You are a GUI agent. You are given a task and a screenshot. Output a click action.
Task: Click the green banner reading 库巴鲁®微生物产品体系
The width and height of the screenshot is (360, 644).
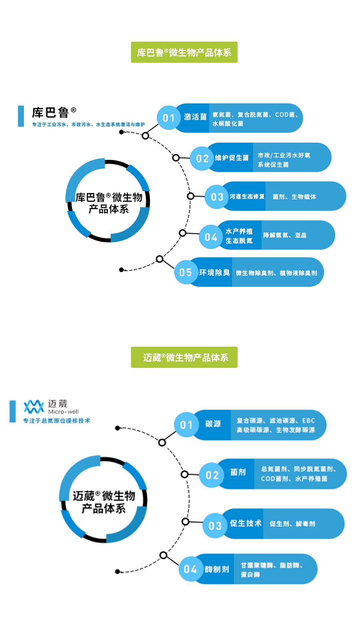tap(184, 52)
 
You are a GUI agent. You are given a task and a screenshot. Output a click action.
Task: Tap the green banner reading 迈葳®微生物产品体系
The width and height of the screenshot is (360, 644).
tap(184, 357)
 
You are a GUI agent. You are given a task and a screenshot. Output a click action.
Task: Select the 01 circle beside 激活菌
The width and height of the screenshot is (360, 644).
tap(169, 118)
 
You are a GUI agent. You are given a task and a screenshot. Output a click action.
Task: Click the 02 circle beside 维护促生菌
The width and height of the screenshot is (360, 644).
tap(202, 158)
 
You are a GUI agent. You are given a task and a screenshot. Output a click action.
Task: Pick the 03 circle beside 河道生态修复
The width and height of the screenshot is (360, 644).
tap(217, 197)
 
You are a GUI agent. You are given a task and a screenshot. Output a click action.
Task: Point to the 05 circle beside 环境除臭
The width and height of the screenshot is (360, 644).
tap(186, 272)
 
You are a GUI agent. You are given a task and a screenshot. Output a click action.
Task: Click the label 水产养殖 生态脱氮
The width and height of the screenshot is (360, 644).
tap(239, 236)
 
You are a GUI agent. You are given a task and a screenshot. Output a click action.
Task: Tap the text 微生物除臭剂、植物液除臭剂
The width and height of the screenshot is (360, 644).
tap(276, 273)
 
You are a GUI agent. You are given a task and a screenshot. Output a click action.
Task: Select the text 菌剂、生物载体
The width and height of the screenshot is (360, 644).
tap(294, 197)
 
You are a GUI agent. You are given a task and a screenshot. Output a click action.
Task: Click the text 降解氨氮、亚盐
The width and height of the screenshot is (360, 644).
tap(285, 235)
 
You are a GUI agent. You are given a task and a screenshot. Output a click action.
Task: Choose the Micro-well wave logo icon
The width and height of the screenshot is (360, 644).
tap(34, 407)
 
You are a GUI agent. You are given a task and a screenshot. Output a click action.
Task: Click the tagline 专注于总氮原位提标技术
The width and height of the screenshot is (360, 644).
tap(56, 420)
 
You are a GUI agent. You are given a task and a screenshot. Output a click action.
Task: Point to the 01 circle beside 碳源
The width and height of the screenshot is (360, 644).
tap(186, 425)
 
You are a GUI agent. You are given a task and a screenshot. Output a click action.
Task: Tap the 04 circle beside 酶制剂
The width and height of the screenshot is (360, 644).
tap(190, 569)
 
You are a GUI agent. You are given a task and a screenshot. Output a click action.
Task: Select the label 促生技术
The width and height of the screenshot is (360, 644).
tap(246, 523)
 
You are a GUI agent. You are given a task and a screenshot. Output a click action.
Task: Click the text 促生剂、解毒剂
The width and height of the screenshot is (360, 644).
tap(292, 524)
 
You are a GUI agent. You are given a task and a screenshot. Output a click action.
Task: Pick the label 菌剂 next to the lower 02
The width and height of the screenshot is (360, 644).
tap(238, 472)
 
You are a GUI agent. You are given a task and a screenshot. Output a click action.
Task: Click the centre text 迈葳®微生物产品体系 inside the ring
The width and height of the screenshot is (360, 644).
tap(104, 502)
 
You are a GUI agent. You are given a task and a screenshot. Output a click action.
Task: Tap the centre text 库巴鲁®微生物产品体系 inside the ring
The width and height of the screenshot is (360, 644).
tap(109, 203)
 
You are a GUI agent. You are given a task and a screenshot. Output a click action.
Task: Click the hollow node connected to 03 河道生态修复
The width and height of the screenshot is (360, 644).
tap(191, 196)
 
